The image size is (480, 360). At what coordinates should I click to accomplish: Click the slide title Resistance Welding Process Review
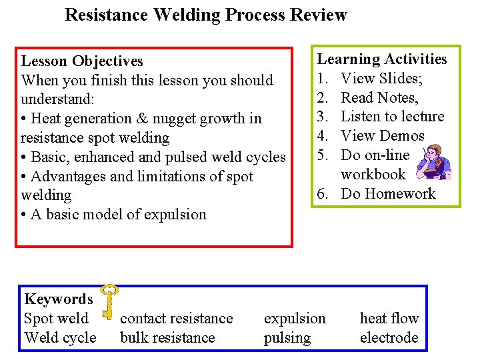205,15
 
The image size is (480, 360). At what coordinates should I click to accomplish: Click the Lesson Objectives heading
82,61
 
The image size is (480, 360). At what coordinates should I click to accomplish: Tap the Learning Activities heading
381,59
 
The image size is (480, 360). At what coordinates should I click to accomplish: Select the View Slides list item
382,79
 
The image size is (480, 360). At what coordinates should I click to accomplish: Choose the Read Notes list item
379,98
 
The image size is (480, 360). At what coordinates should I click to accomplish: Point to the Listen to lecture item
392,117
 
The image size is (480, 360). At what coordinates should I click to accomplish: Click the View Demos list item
382,136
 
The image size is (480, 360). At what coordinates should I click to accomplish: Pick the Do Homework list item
387,194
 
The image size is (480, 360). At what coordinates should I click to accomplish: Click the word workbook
373,175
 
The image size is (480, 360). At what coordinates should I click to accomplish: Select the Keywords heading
58,299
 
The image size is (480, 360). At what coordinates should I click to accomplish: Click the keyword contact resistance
176,319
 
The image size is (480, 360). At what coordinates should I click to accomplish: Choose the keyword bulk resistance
167,338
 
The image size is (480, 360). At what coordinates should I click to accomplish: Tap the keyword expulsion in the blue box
295,319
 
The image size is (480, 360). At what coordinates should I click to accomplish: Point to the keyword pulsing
287,338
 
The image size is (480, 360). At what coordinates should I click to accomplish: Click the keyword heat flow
389,319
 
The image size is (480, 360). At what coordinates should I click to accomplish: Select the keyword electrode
389,338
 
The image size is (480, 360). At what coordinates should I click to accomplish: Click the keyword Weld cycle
60,338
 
